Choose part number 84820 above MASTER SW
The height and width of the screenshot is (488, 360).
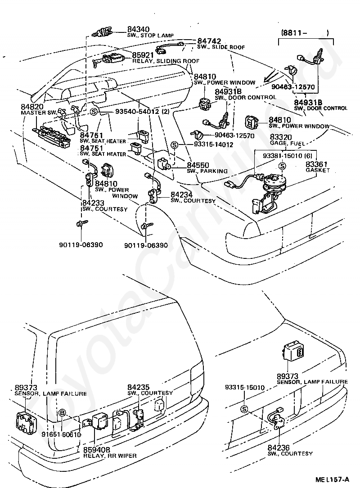[31, 107]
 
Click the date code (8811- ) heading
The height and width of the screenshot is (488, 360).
[305, 33]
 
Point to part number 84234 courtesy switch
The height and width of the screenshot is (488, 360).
[181, 194]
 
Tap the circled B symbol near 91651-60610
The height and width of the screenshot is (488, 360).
[62, 412]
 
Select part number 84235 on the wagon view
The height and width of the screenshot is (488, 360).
[139, 387]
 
